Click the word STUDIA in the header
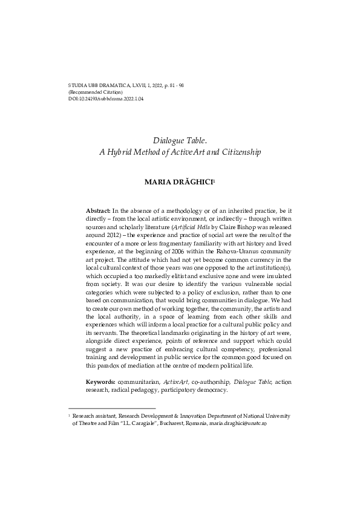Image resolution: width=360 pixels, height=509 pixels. [78, 85]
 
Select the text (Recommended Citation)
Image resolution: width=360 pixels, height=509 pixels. [96, 91]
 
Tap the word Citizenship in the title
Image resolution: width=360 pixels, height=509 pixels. [240, 152]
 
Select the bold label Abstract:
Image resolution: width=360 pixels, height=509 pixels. [98, 210]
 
